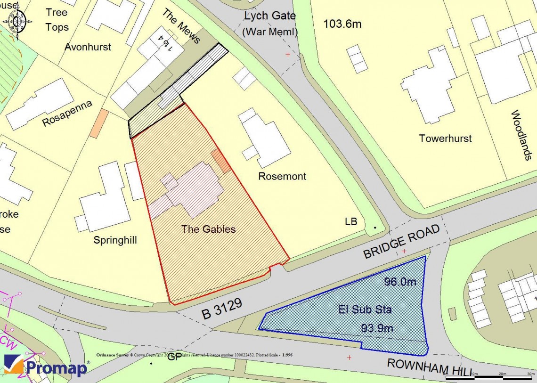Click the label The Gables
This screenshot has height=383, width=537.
pos(208,229)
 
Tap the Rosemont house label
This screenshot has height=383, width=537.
pos(282,176)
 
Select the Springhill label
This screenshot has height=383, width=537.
pos(115,240)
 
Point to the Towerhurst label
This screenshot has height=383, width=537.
pos(445,139)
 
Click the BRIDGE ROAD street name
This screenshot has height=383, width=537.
pos(401,241)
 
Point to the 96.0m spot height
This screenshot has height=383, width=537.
pos(400,282)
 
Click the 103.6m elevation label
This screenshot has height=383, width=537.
pos(342,24)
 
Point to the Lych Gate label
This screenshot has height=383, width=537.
pos(270,16)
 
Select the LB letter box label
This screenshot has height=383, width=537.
pos(351,221)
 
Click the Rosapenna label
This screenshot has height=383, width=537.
pos(67,113)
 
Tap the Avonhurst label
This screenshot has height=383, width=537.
pos(88,47)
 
